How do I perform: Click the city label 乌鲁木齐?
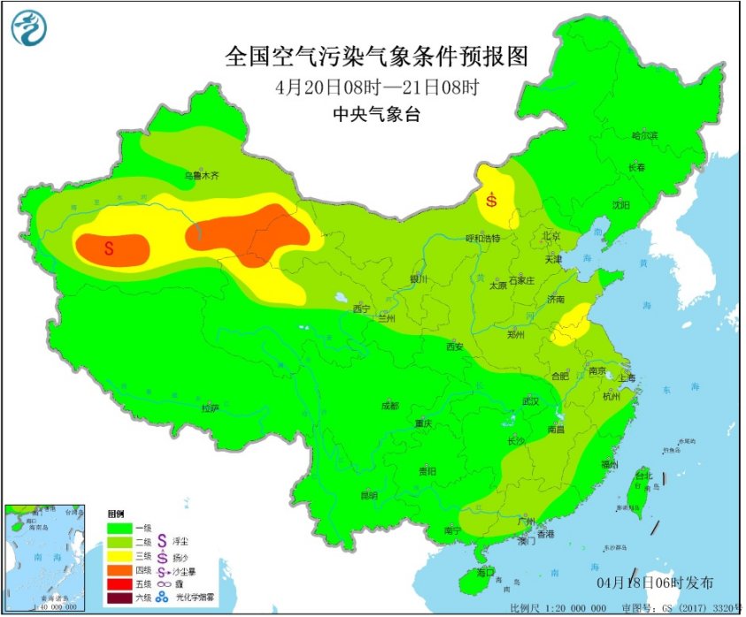[x=201, y=176]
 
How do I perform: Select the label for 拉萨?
[x=210, y=408]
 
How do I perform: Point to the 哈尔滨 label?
[x=644, y=136]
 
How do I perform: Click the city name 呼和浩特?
[x=483, y=239]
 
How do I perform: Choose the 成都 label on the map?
[x=388, y=406]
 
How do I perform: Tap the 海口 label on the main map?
[x=485, y=573]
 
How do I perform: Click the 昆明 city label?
[x=369, y=495]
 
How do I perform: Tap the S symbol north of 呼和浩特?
[x=490, y=199]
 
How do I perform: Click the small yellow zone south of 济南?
[x=570, y=325]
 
